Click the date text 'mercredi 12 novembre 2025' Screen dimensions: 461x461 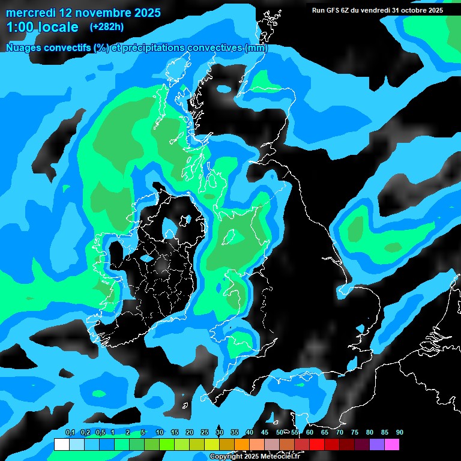83,13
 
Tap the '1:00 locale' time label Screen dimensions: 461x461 42,27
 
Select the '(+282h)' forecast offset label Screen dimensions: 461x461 106,27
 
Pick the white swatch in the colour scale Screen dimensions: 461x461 62,445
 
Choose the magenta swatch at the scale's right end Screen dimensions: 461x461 392,445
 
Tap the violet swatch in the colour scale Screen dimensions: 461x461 377,445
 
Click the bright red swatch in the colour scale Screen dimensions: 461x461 317,445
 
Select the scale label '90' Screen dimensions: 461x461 399,432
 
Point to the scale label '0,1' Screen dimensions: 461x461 70,432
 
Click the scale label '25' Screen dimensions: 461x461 204,432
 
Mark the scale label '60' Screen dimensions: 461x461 309,432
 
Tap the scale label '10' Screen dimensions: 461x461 159,432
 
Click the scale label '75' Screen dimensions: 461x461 354,432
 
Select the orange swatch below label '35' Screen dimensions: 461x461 242,445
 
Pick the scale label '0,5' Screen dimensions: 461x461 100,432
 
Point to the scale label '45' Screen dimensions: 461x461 264,432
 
